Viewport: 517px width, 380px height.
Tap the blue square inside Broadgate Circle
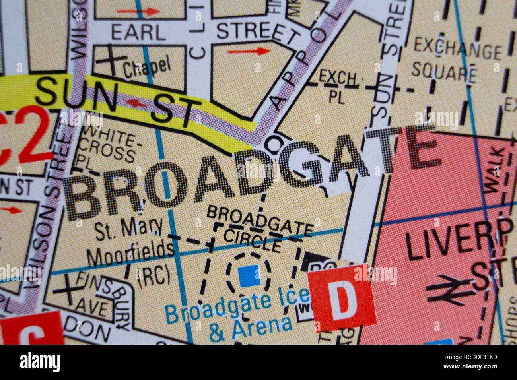click(249, 276)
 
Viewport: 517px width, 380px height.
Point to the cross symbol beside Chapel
click(109, 60)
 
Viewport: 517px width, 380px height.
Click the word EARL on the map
click(138, 32)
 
